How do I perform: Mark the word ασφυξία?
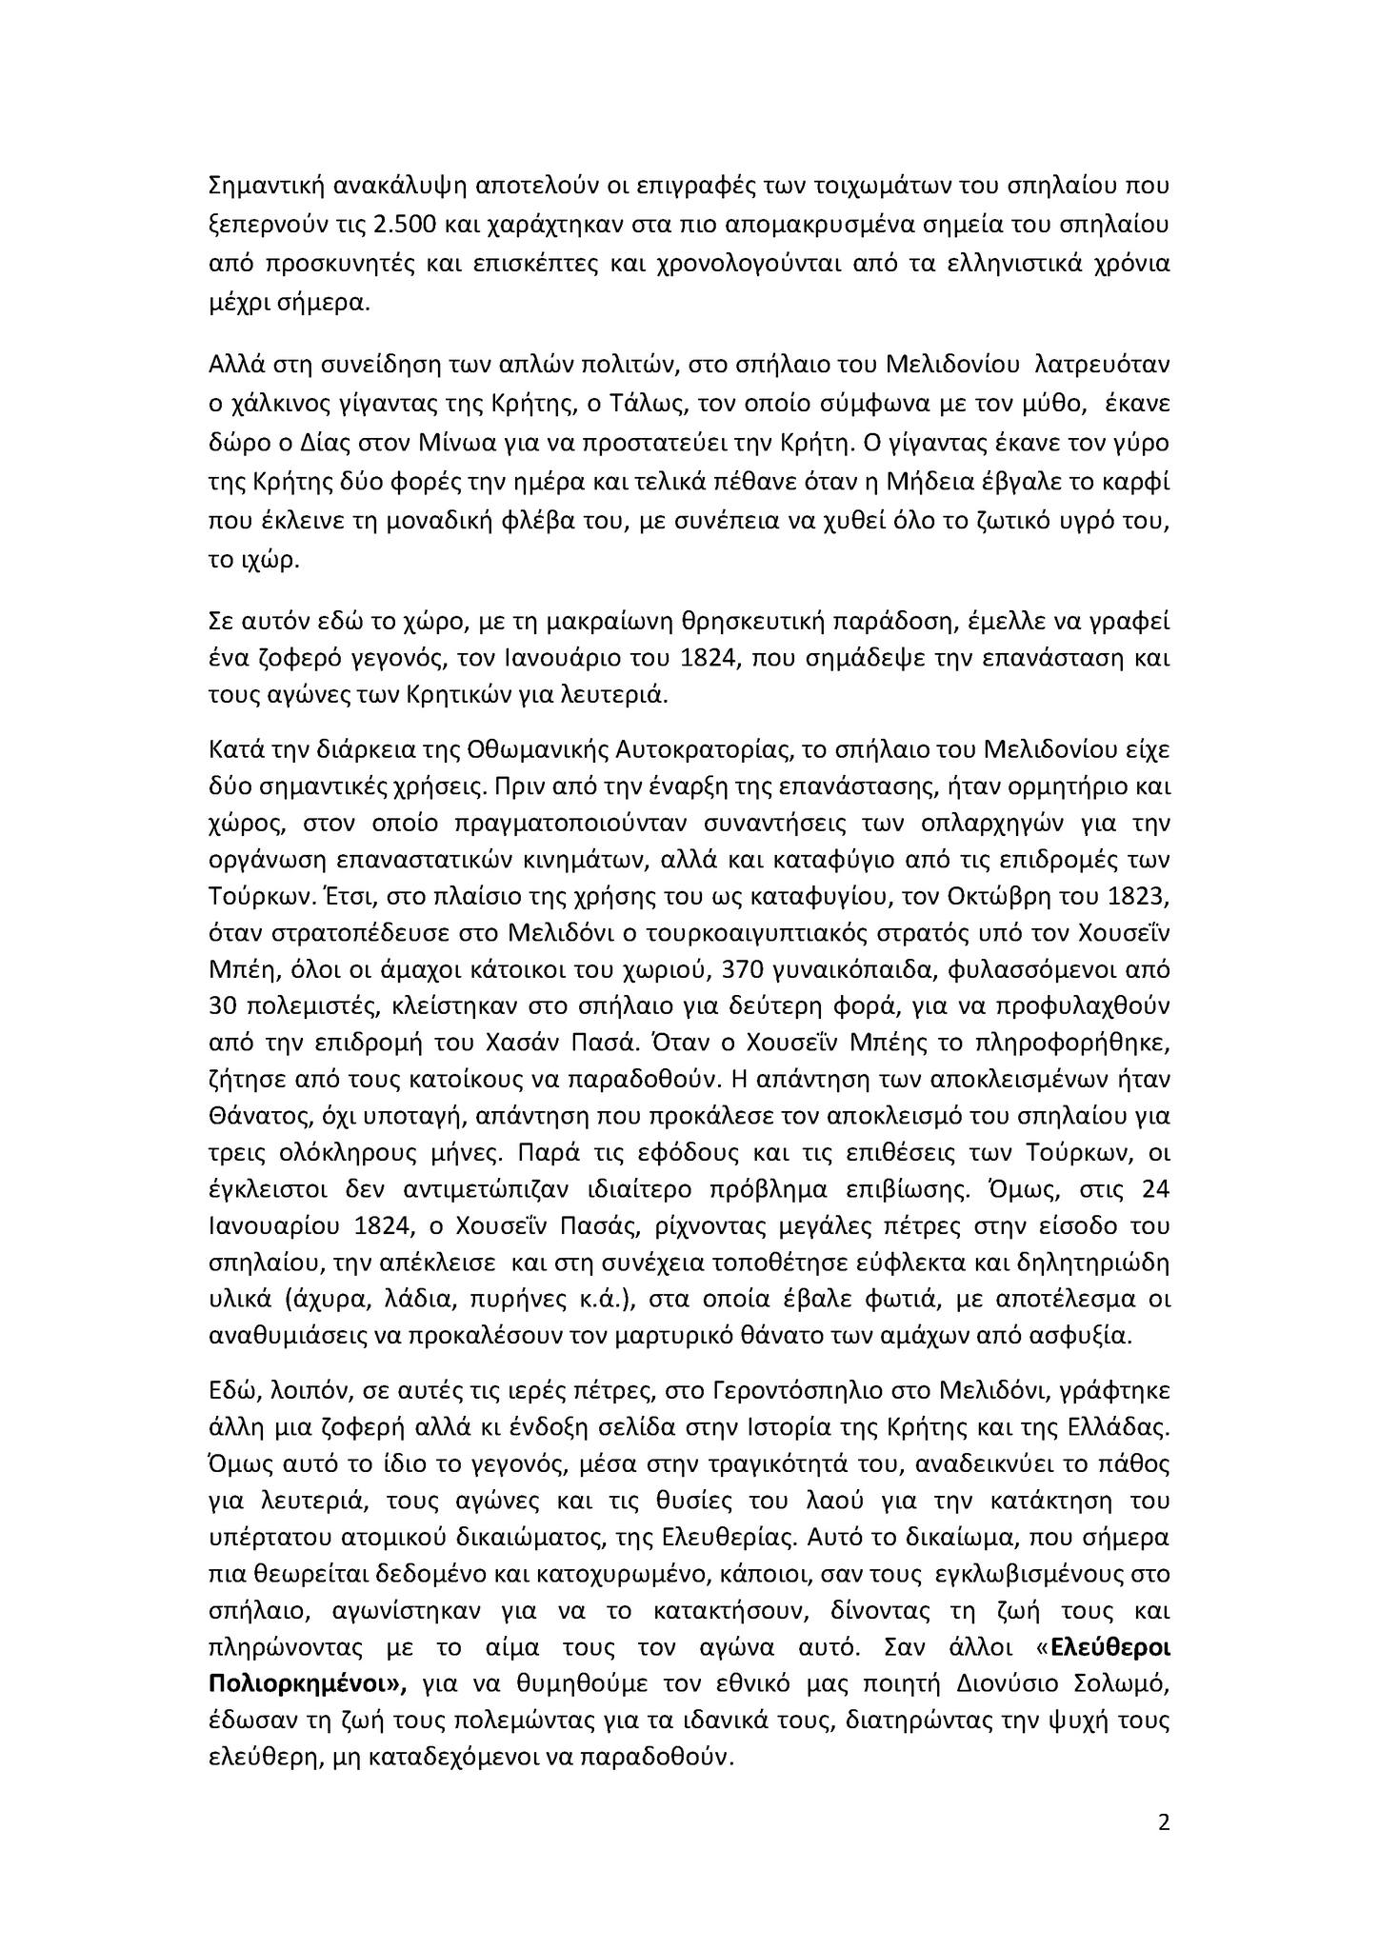(x=1089, y=1336)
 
